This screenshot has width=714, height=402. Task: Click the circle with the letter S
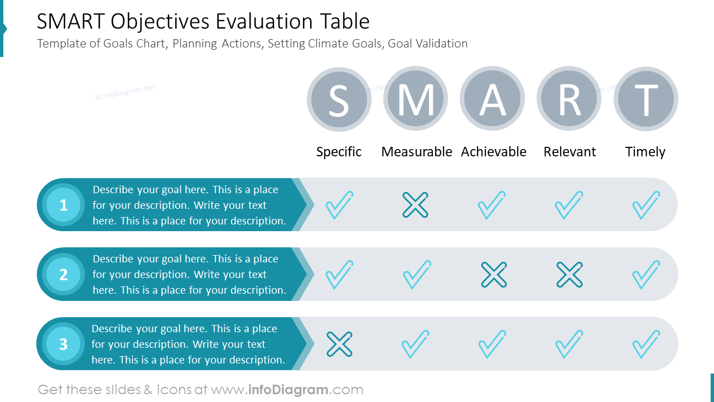339,99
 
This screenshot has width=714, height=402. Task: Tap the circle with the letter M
416,99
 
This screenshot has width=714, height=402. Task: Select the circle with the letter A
492,99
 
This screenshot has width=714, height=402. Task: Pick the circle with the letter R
569,99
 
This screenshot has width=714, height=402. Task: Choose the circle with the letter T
646,99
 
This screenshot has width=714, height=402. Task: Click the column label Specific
339,152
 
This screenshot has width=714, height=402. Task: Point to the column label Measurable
417,152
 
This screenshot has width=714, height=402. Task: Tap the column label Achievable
494,152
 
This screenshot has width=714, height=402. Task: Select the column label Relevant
570,152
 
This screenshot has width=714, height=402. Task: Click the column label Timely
645,152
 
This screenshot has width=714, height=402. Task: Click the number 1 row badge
63,205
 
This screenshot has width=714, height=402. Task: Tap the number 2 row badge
63,274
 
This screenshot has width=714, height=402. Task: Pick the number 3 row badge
63,344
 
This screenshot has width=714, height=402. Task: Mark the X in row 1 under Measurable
416,205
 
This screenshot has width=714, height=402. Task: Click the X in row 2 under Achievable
494,275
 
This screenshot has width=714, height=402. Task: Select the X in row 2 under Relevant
570,275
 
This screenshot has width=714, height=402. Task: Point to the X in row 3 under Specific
339,344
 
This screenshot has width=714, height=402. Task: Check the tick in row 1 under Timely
646,205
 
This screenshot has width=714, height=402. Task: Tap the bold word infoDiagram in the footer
287,390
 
